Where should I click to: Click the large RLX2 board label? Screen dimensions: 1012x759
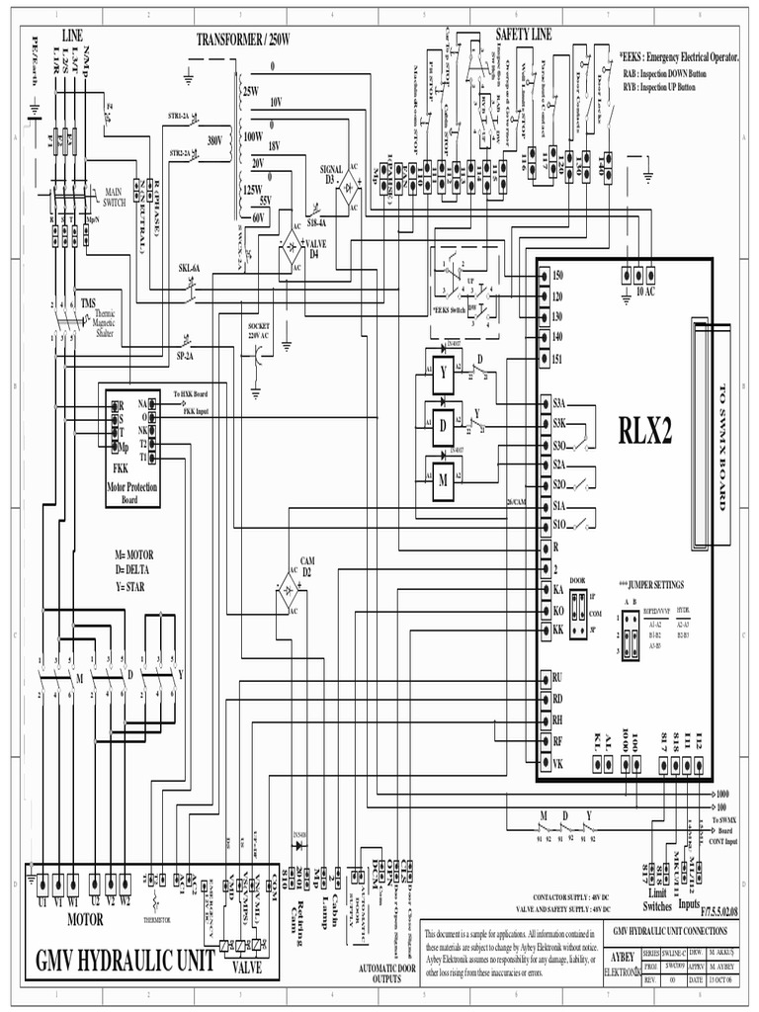click(645, 430)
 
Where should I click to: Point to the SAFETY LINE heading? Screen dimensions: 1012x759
click(524, 35)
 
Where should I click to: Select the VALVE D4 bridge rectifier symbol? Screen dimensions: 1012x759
click(292, 247)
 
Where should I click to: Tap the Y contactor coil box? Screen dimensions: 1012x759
click(445, 373)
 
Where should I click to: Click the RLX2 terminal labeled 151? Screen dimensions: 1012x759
click(557, 358)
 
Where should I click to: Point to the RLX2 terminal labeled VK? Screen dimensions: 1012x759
click(557, 762)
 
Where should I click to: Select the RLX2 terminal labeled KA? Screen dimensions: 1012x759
click(557, 588)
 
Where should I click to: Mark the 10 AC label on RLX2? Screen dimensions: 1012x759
click(645, 292)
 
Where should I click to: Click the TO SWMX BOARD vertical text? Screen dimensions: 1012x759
click(720, 445)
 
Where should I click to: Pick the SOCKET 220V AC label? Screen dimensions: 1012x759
click(259, 328)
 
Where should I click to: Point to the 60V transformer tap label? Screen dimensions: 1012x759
click(260, 216)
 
